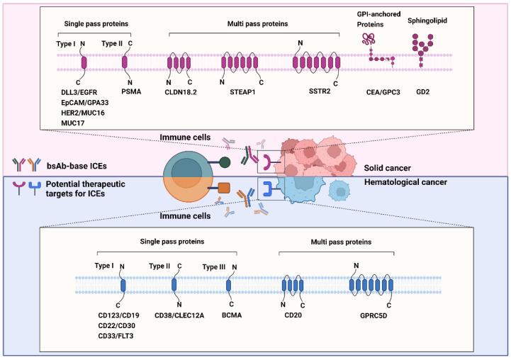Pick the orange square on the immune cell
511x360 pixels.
click(224, 189)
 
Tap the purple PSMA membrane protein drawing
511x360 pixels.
click(125, 62)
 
